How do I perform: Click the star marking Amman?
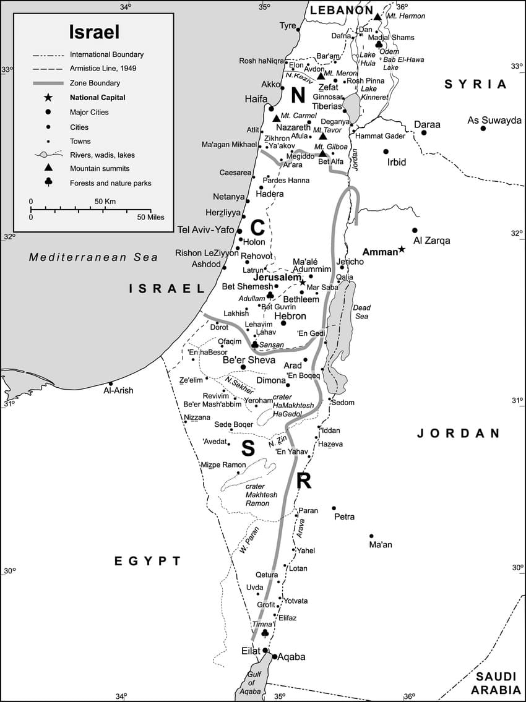pos(402,249)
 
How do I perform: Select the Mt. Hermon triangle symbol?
pos(377,16)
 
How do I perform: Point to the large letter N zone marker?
pos(298,95)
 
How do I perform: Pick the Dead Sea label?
pos(360,312)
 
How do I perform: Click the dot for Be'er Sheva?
pos(243,367)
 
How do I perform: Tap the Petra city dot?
pos(334,508)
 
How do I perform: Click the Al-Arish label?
pos(118,390)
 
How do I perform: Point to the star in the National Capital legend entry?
pos(48,98)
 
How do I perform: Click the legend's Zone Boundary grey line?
pos(48,83)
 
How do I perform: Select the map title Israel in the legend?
pos(94,32)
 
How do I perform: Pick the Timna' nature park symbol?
pos(265,633)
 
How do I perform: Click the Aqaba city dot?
pos(275,656)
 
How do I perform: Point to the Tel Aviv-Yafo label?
pos(206,230)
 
